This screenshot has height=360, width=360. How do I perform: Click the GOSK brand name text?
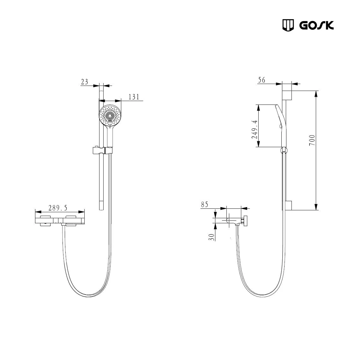click(x=317, y=25)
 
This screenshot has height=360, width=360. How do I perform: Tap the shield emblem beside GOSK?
click(x=288, y=25)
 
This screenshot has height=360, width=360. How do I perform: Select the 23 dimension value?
click(x=84, y=82)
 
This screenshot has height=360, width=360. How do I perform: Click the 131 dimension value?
click(x=134, y=97)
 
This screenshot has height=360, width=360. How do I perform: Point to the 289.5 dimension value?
click(x=58, y=208)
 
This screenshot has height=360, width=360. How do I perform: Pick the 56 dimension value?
click(x=261, y=80)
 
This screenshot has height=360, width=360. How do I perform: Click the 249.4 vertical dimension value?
click(x=255, y=130)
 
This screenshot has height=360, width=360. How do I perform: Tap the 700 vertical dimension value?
click(x=312, y=140)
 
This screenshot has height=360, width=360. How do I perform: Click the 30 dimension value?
click(x=212, y=237)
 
